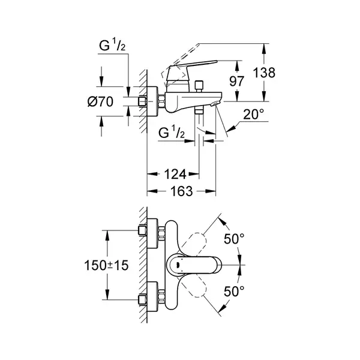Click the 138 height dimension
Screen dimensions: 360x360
pyautogui.click(x=264, y=73)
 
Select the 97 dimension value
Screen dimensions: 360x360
pyautogui.click(x=237, y=81)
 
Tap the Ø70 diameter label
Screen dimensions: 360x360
pyautogui.click(x=100, y=101)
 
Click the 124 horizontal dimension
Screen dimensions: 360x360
pyautogui.click(x=175, y=174)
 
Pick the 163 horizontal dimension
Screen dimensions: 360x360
pyautogui.click(x=181, y=191)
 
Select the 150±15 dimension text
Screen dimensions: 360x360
pyautogui.click(x=106, y=265)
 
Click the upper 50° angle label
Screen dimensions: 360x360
pyautogui.click(x=234, y=239)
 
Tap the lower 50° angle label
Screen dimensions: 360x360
pyautogui.click(x=234, y=291)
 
